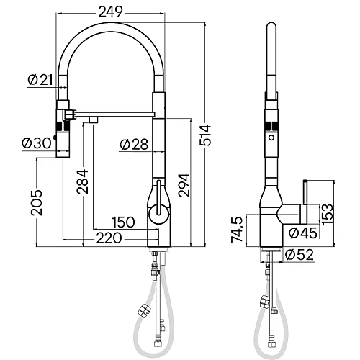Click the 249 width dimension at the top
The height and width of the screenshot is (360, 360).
click(x=111, y=12)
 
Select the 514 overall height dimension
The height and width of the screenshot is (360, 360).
click(x=205, y=135)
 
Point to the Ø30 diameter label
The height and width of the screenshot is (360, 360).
click(x=37, y=143)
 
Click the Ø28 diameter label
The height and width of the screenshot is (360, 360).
click(x=134, y=145)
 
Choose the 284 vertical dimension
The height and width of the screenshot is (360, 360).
click(x=82, y=181)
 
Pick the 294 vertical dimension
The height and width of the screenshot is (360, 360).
click(x=184, y=185)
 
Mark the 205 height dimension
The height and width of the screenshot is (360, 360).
click(x=36, y=202)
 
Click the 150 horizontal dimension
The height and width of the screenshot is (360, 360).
click(x=122, y=222)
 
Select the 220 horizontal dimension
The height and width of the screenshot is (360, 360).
click(x=109, y=238)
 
